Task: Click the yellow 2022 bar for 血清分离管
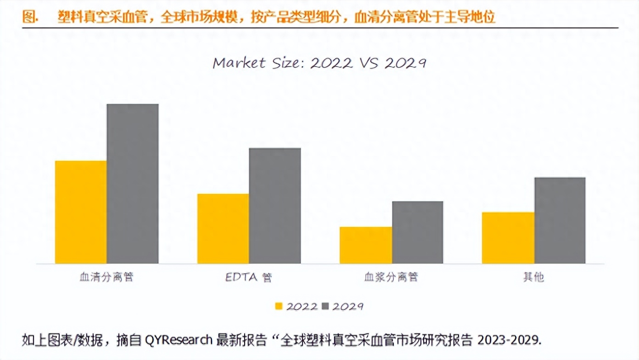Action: pos(81,212)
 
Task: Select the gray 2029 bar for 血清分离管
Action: pos(133,184)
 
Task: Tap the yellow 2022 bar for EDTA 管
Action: pos(223,229)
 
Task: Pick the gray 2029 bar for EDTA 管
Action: pos(275,206)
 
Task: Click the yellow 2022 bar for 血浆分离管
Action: pos(366,245)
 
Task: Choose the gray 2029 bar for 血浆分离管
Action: pos(417,232)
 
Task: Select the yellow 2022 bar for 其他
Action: pos(508,238)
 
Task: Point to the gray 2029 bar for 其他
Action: pos(560,220)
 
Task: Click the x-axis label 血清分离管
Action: pos(106,277)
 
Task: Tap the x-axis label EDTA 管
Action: pos(248,277)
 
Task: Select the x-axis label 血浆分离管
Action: pos(391,277)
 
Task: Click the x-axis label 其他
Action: pos(533,277)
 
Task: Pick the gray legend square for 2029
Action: pos(326,306)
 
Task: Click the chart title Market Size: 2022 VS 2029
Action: pos(319,63)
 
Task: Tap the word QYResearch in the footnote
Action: pos(179,340)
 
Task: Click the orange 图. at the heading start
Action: pos(30,17)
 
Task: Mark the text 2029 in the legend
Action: pos(348,306)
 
